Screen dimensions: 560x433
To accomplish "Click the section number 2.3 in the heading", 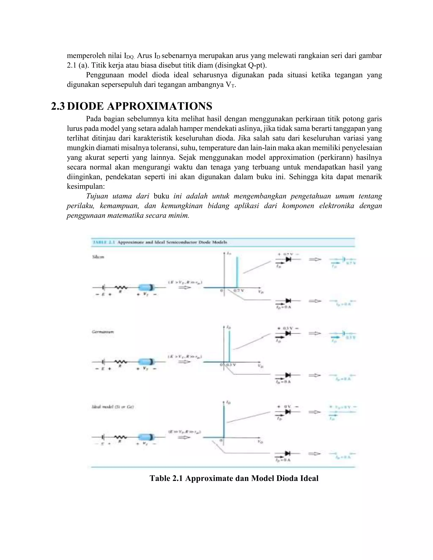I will pos(58,106).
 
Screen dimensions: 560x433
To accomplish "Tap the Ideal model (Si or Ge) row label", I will pos(113,407).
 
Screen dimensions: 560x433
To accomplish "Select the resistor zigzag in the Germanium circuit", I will pos(121,362).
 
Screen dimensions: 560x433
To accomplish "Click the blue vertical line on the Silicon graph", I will pos(237,272).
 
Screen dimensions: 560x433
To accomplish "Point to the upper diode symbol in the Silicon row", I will pos(288,259).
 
